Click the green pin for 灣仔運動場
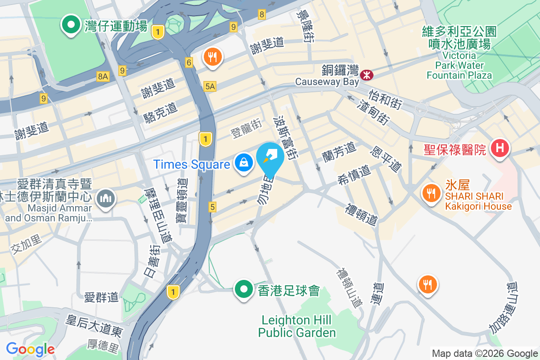pyautogui.click(x=70, y=25)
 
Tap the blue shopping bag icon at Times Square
pyautogui.click(x=243, y=163)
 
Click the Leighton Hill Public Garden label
pyautogui.click(x=297, y=326)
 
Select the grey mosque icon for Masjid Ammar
pyautogui.click(x=105, y=198)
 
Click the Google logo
pyautogui.click(x=30, y=349)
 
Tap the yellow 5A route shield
pyautogui.click(x=210, y=86)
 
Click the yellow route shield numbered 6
pyautogui.click(x=189, y=63)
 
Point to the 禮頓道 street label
pyautogui.click(x=361, y=215)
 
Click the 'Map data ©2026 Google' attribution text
pyautogui.click(x=485, y=354)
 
